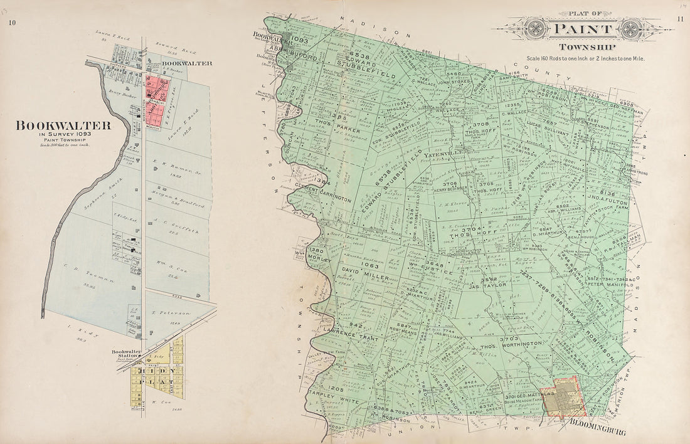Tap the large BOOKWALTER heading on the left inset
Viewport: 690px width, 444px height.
(x=63, y=125)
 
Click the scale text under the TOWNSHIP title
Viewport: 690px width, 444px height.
(x=585, y=58)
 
